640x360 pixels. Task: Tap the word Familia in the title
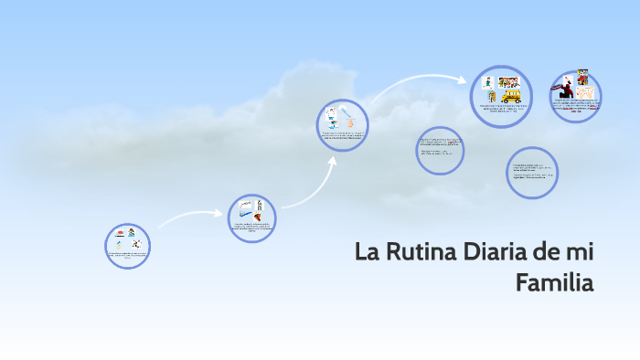[554, 282]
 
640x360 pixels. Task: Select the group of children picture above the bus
[509, 82]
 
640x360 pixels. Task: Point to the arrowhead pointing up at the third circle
[332, 161]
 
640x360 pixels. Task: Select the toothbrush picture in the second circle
[245, 207]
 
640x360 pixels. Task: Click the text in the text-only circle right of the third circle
[440, 148]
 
